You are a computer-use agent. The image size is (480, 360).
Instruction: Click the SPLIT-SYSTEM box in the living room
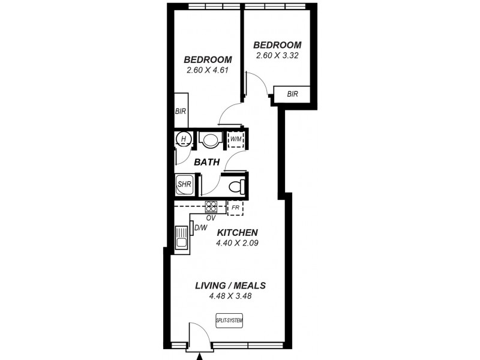[x=230, y=321]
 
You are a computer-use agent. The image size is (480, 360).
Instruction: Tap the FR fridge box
[x=235, y=207]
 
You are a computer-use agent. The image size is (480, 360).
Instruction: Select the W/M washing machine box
[x=235, y=140]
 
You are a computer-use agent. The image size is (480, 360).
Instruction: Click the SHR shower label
[x=184, y=184]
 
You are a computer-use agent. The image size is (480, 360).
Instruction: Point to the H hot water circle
[x=183, y=140]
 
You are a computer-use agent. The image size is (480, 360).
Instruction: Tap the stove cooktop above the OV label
[x=211, y=206]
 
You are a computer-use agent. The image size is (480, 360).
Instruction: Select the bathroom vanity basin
[x=210, y=141]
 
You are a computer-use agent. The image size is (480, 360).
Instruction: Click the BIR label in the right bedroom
[x=292, y=94]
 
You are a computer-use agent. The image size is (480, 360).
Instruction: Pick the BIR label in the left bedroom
[x=180, y=112]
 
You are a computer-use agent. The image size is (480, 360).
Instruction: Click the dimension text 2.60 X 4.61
[x=208, y=70]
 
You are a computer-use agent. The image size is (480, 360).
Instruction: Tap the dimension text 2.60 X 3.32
[x=277, y=55]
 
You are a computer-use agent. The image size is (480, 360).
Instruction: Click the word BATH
[x=206, y=162]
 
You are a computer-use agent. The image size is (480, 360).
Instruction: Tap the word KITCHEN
[x=237, y=233]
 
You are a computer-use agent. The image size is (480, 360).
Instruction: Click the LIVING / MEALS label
[x=230, y=286]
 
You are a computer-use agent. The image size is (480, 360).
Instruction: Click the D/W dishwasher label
[x=200, y=227]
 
